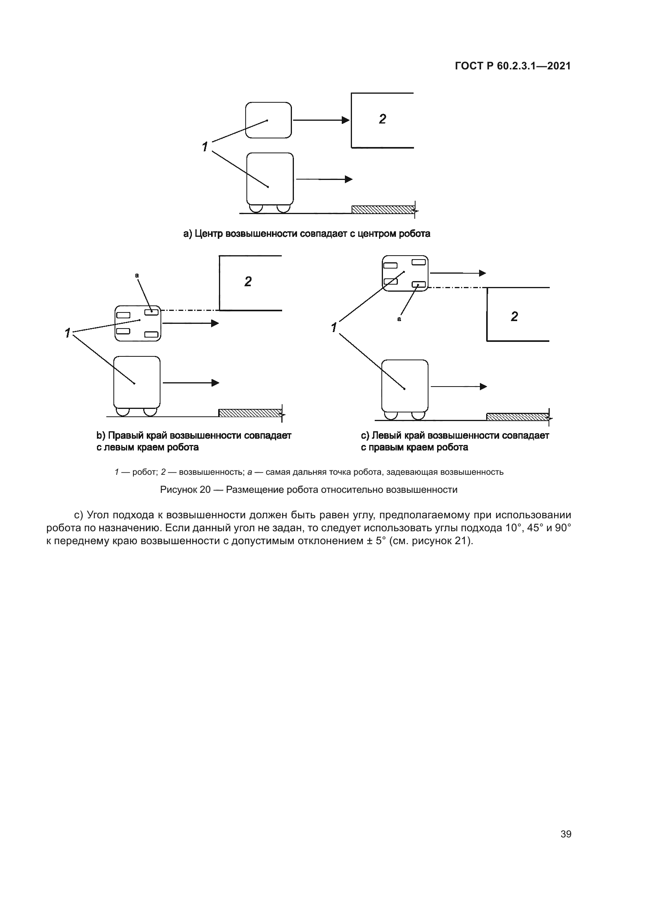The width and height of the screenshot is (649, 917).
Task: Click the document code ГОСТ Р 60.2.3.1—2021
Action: [x=513, y=66]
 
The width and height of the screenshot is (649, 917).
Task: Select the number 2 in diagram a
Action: [x=383, y=119]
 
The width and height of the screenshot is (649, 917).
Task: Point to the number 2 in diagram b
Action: [x=248, y=282]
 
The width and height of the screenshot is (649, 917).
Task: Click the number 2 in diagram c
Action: [x=514, y=317]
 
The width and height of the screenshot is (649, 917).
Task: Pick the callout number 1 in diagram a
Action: [x=205, y=147]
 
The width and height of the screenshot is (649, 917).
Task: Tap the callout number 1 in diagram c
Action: [x=334, y=328]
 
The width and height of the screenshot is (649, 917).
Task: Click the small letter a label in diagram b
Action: [x=137, y=275]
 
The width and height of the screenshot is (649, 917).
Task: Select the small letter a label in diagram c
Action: [x=399, y=319]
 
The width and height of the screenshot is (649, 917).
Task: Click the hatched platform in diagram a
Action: [x=383, y=209]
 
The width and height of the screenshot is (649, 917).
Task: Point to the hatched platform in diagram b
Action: [x=250, y=412]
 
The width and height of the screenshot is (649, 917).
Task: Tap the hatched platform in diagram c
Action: [x=517, y=417]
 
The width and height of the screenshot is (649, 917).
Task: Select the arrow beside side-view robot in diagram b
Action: [x=191, y=383]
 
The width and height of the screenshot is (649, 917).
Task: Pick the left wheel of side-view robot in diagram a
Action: [x=255, y=208]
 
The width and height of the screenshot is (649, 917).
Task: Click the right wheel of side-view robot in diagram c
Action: [x=418, y=415]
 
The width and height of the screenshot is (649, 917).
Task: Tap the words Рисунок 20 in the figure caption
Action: [x=185, y=490]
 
